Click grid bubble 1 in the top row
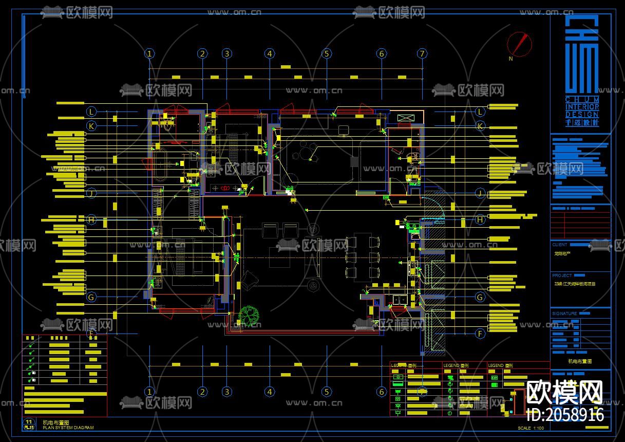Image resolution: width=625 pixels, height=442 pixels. click(149, 53)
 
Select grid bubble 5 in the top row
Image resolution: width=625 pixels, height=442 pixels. click(327, 53)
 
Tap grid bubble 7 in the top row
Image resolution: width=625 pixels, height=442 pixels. click(422, 53)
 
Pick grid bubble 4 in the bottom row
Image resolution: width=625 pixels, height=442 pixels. click(270, 392)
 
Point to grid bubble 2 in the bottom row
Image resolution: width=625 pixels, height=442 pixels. click(203, 392)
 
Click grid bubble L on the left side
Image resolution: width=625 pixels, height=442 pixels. click(91, 112)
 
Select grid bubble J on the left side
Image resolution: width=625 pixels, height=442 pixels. click(91, 193)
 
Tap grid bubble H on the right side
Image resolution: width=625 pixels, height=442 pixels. click(480, 220)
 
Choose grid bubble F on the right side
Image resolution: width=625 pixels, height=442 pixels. click(480, 334)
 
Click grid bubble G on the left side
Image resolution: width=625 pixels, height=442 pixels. click(91, 297)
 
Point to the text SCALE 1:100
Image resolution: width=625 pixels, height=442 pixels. click(531, 428)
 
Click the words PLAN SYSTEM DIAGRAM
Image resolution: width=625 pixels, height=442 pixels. click(68, 427)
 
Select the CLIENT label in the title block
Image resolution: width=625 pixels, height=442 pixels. click(560, 245)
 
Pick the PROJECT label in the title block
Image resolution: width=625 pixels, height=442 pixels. click(562, 275)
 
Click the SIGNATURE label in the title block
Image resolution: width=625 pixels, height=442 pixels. click(564, 314)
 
